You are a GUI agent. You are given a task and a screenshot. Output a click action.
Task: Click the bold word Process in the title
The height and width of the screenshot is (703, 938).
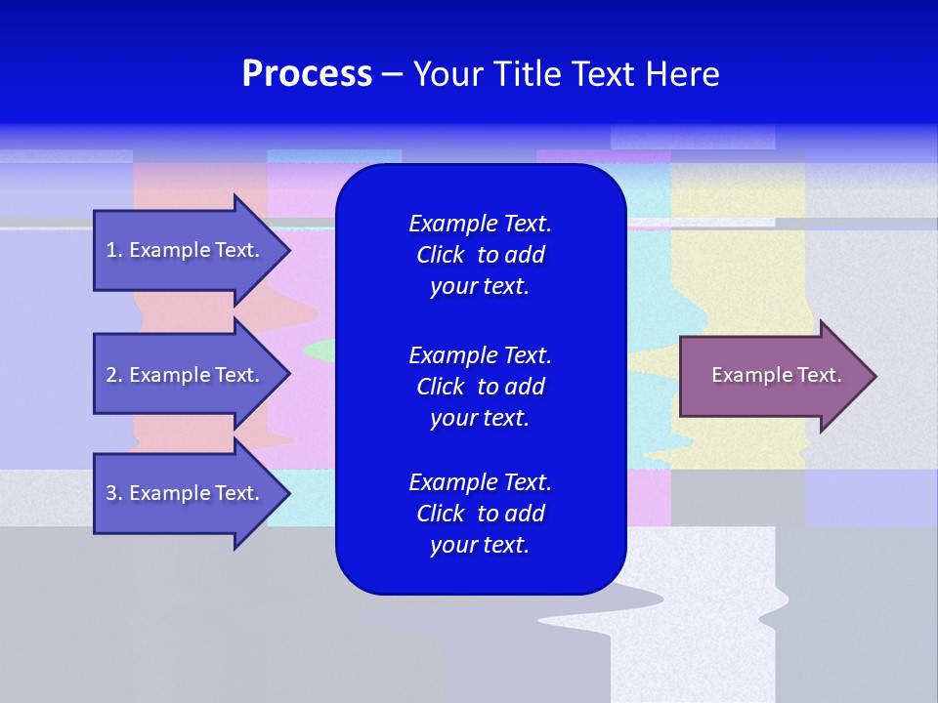coord(307,74)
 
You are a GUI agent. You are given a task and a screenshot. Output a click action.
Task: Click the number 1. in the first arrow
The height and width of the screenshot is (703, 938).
coord(114,250)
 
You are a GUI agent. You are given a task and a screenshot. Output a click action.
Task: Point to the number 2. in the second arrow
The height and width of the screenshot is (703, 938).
coord(114,375)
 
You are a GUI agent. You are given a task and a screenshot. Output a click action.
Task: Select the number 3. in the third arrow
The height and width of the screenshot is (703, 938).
coord(114,493)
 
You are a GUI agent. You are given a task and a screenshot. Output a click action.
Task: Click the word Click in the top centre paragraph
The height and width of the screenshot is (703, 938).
coord(440,255)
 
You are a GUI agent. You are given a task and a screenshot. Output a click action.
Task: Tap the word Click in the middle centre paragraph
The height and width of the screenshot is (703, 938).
coord(440,387)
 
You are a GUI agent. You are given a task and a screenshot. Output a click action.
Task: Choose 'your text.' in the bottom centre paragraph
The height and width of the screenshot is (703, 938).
coord(480,545)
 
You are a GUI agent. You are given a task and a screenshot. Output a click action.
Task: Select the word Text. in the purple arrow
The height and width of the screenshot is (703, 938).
coord(819,375)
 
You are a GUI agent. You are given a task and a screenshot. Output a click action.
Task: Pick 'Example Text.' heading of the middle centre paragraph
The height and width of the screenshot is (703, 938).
coord(480,354)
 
